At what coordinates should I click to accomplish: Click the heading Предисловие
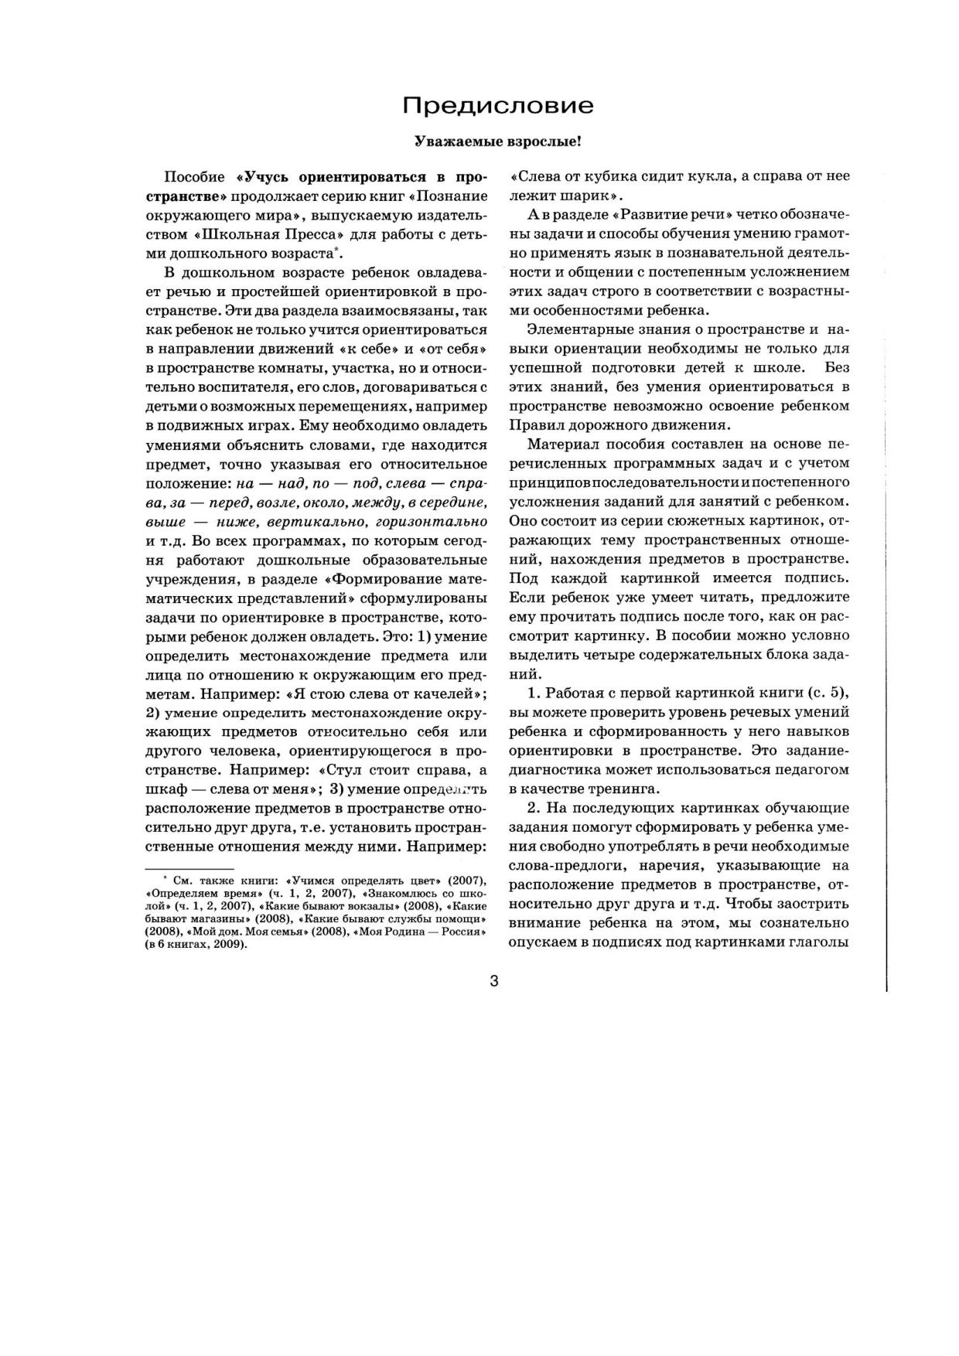(498, 106)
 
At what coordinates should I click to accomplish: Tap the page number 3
(494, 982)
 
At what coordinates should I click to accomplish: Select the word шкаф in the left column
(162, 789)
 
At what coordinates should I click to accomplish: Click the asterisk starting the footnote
(166, 880)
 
